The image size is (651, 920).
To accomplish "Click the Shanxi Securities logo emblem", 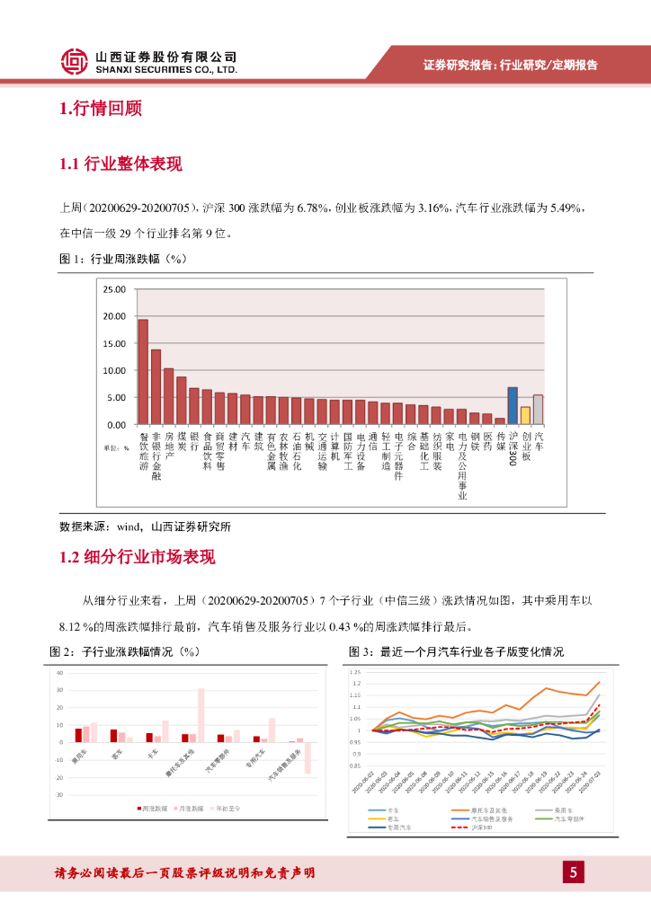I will coord(75,61).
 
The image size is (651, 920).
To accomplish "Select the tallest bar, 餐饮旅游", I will coord(143,371).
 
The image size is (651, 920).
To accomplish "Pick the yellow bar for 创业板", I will coord(525,415).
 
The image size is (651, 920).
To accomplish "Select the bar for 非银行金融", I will coord(156,386).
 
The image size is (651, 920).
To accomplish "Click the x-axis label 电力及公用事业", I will coord(461,465).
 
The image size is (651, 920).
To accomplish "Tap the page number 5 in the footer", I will coord(573,871).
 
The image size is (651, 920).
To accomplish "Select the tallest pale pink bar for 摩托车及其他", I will coord(201,715).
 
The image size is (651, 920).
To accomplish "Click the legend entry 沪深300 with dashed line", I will coord(485,827).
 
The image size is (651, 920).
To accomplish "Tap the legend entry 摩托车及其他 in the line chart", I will coord(485,809).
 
